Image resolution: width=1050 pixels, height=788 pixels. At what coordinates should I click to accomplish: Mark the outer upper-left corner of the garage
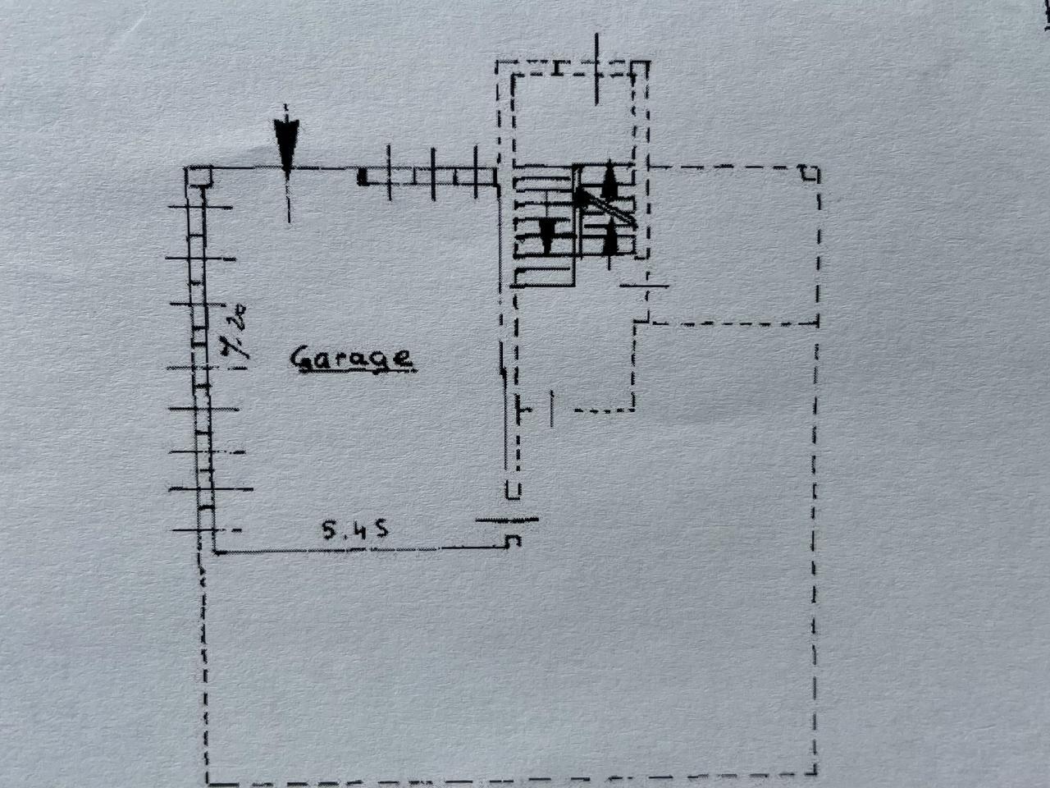pyautogui.click(x=185, y=167)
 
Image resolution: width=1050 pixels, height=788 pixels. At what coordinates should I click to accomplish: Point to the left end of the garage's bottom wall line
pyautogui.click(x=214, y=552)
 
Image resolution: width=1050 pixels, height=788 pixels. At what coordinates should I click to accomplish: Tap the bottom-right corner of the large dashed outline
pyautogui.click(x=815, y=772)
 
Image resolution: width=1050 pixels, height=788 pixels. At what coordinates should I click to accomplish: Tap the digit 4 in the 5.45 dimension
pyautogui.click(x=356, y=530)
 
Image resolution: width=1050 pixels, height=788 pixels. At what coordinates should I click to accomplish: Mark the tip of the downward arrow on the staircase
pyautogui.click(x=547, y=252)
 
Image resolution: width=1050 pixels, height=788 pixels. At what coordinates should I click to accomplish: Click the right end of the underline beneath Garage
pyautogui.click(x=415, y=371)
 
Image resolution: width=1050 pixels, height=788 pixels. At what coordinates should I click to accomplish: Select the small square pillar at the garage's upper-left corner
pyautogui.click(x=199, y=176)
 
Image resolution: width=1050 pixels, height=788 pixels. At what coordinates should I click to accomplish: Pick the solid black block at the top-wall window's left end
pyautogui.click(x=363, y=176)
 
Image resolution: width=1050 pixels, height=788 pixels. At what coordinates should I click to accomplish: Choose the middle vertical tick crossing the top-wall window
pyautogui.click(x=433, y=174)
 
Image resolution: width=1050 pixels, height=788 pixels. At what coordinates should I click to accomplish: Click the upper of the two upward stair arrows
pyautogui.click(x=609, y=180)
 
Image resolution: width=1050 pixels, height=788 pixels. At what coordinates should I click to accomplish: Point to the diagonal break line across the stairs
pyautogui.click(x=605, y=207)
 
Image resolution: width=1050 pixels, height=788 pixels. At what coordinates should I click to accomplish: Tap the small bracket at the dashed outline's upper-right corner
pyautogui.click(x=810, y=173)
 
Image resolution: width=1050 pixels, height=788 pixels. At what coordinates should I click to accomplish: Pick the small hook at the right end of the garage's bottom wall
pyautogui.click(x=514, y=541)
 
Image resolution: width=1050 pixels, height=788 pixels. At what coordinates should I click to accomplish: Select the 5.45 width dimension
pyautogui.click(x=354, y=530)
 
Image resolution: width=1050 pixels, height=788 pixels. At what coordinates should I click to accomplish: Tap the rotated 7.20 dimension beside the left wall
pyautogui.click(x=235, y=331)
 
